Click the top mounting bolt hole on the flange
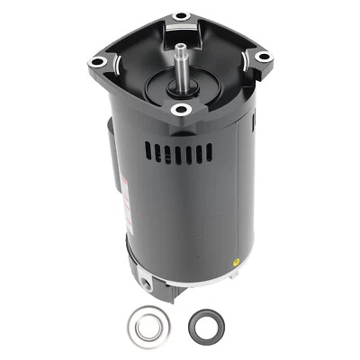181,16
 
